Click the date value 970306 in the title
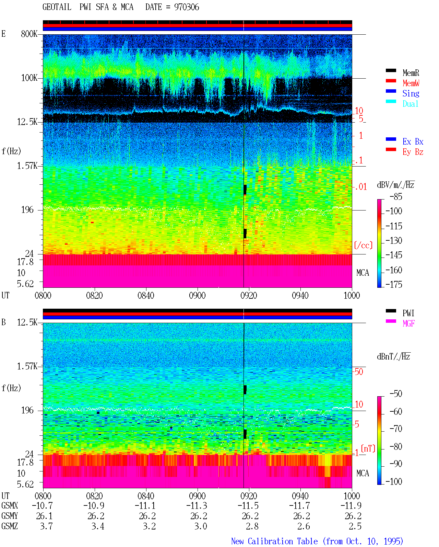186,7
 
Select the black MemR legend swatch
391,70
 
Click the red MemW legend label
411,83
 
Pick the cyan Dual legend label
411,104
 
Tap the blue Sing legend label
411,93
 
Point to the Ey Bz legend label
413,152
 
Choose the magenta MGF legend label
409,323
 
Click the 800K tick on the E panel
29,34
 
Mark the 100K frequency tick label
29,78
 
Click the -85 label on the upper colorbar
396,196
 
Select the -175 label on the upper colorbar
394,284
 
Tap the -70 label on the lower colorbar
396,429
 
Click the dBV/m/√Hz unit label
395,185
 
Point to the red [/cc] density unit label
363,245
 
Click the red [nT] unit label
368,448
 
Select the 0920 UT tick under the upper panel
249,296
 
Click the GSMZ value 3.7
46,526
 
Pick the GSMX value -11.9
351,505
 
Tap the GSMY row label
10,516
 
